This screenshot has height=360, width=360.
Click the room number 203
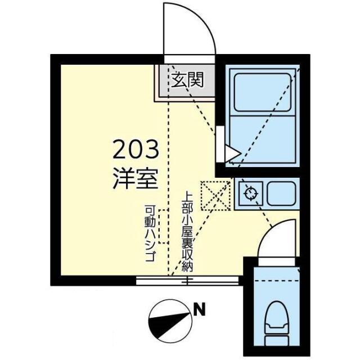coord(136,151)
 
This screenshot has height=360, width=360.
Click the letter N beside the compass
coord(199,309)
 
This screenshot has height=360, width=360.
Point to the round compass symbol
coord(170,319)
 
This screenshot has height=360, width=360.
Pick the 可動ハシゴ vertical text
coord(150,231)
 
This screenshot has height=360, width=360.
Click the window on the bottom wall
coord(188,280)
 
